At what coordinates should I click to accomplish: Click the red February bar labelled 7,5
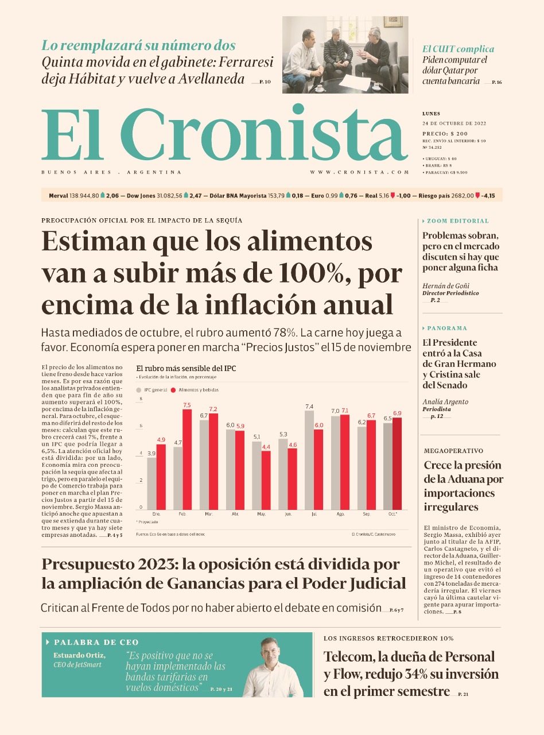(186, 459)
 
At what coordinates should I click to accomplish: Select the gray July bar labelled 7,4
(309, 460)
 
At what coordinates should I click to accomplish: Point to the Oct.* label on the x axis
(393, 514)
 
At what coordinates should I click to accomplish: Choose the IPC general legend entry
(151, 390)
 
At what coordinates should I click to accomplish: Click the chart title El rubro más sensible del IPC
(186, 369)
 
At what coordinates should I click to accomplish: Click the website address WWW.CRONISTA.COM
(360, 172)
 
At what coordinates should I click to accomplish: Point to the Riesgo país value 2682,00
(462, 196)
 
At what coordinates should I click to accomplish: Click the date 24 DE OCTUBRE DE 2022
(454, 123)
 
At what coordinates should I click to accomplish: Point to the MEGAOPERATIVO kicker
(453, 451)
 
